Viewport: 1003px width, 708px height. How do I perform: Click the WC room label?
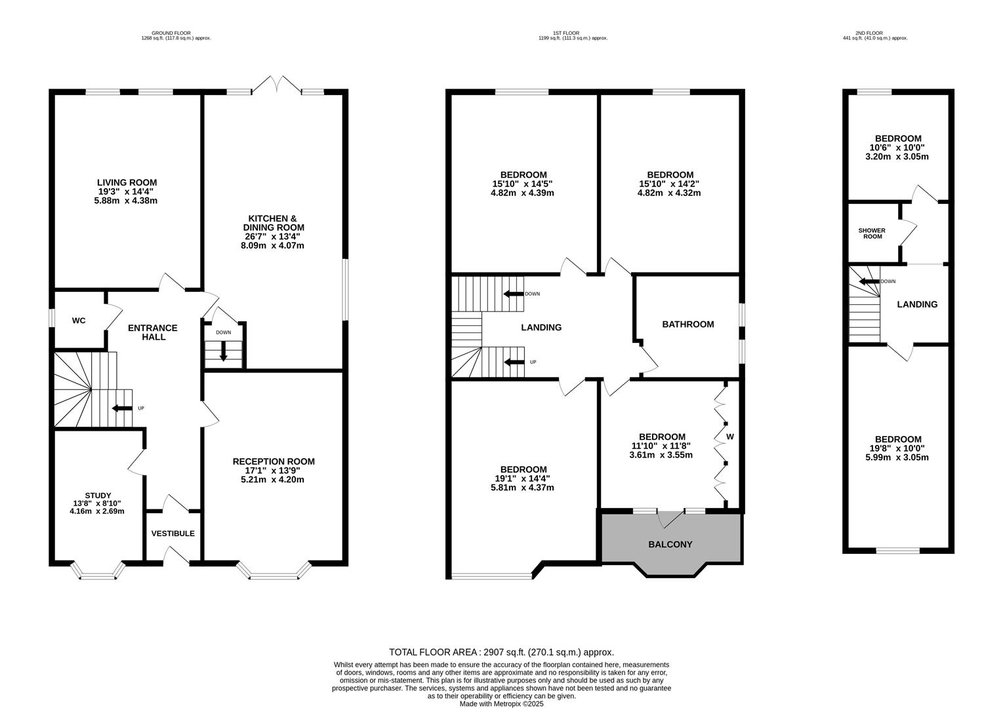tap(79, 321)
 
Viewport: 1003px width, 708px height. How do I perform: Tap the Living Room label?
tap(127, 183)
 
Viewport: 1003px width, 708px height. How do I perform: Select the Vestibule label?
tap(173, 534)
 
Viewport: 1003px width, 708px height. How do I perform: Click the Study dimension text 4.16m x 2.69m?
tap(97, 511)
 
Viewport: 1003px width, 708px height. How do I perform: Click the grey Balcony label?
tap(670, 544)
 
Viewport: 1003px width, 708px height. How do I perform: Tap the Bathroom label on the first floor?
tap(687, 324)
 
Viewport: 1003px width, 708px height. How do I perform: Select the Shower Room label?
tap(872, 233)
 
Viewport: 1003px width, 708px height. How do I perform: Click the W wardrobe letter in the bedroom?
tap(729, 436)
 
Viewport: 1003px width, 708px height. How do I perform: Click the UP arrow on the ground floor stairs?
tap(122, 408)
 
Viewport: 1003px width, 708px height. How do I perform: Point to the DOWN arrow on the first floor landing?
tap(513, 294)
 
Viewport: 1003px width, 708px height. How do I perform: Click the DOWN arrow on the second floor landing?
tap(869, 282)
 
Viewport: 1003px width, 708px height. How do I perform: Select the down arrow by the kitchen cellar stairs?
tap(223, 352)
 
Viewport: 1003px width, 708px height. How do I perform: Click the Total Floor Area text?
tap(501, 652)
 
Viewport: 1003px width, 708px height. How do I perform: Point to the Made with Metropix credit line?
tap(501, 704)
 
